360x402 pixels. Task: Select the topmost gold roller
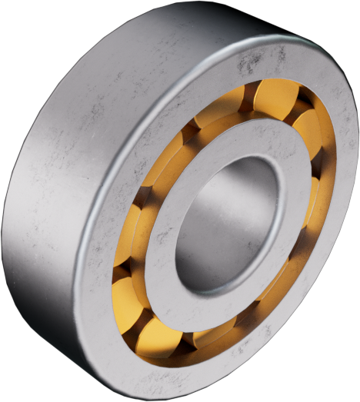275,98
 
